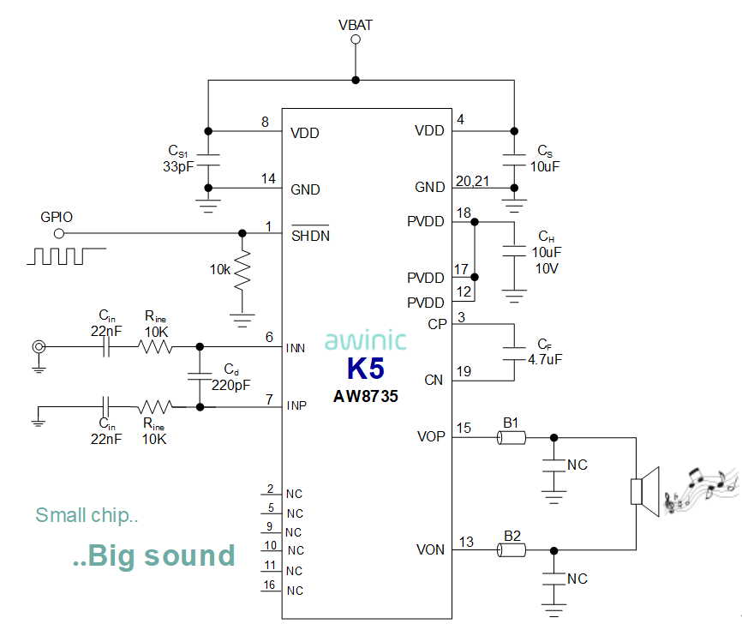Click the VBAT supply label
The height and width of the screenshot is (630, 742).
coord(356,25)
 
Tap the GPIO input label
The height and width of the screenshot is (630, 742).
coord(57,217)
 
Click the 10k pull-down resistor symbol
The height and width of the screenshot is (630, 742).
coord(242,271)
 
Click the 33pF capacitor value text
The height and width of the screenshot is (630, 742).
coord(178,165)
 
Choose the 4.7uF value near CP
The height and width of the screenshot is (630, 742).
coord(545,359)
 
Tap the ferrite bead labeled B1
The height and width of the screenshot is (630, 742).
coord(512,438)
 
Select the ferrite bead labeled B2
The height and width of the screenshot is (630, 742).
coord(512,550)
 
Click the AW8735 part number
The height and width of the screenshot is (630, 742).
coord(366,398)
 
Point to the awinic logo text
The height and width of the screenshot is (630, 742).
coord(365,339)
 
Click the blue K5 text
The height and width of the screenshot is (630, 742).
coord(366,369)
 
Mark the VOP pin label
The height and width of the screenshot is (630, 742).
coord(431,437)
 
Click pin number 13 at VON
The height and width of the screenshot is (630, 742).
coord(466,542)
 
